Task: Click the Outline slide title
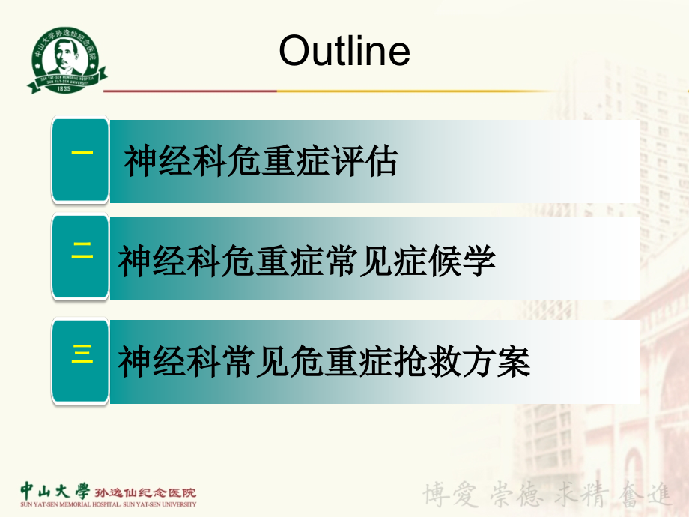coord(344,51)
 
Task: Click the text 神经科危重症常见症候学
coord(307,261)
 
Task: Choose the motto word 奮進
coord(647,494)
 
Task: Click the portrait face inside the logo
coord(67,55)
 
